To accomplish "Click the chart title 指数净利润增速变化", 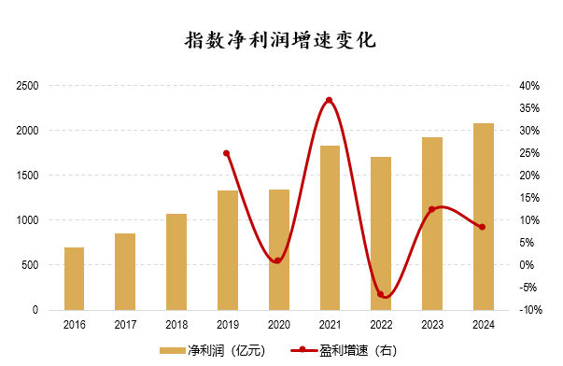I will click(x=281, y=41).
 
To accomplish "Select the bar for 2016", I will click(x=74, y=278).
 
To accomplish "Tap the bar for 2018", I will click(x=176, y=261).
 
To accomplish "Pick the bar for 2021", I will click(x=330, y=228).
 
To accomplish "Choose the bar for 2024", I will click(x=484, y=217).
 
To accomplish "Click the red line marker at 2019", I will click(x=227, y=153).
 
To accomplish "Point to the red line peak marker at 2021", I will click(x=330, y=100).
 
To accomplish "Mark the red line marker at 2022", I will click(x=381, y=294).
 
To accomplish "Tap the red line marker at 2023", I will click(x=431, y=210).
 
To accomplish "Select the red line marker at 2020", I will click(x=278, y=260).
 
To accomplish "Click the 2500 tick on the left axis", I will click(x=26, y=86).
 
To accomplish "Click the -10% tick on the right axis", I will click(x=530, y=310).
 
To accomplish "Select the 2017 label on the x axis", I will click(x=125, y=326).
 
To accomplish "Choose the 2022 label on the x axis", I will click(x=381, y=326).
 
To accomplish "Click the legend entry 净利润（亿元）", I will click(x=213, y=350).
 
